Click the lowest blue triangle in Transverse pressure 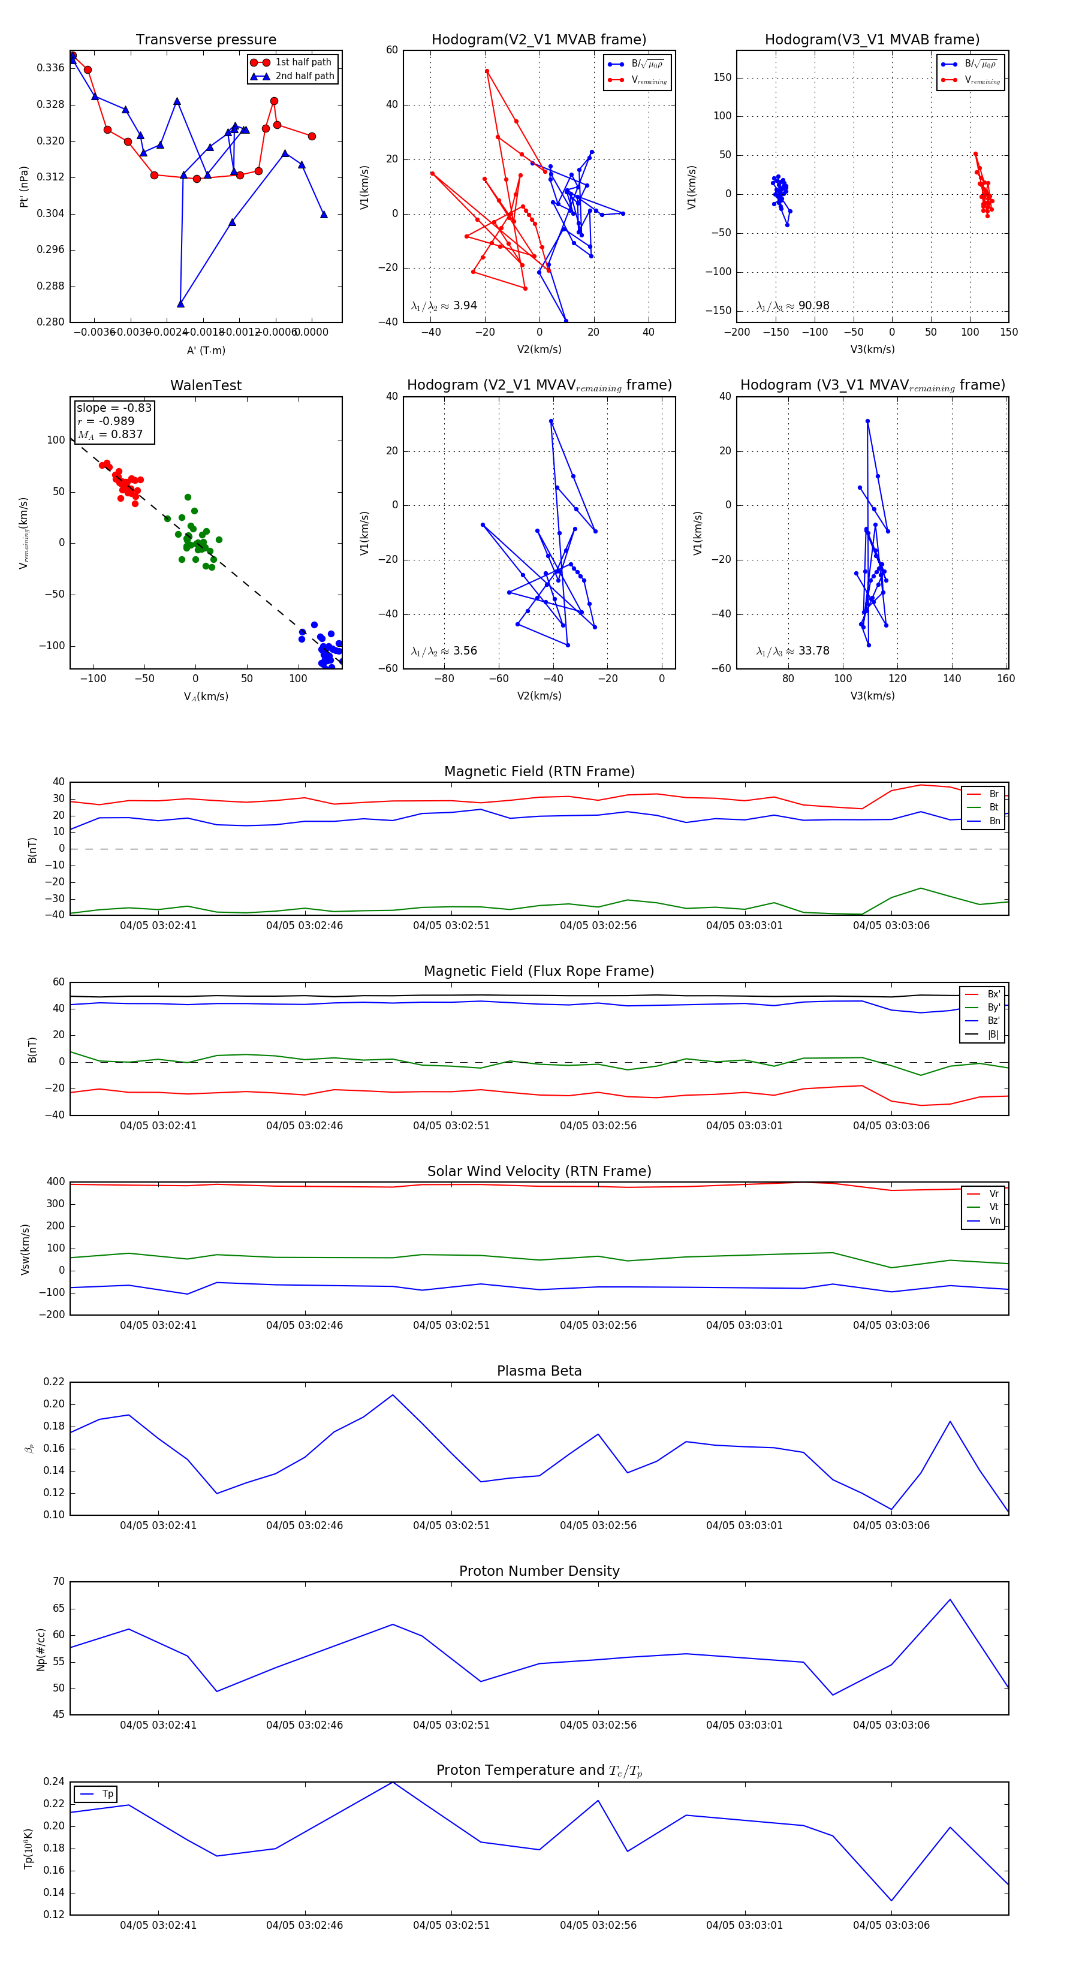(180, 303)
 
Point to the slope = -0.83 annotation (114, 408)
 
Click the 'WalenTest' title (206, 385)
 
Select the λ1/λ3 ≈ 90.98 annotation (792, 306)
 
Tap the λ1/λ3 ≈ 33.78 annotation (792, 651)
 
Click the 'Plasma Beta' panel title (539, 1371)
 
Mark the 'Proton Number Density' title (539, 1571)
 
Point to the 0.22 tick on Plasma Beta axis (54, 1382)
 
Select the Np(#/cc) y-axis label (41, 1650)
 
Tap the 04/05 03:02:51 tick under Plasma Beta (451, 1525)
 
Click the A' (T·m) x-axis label (206, 350)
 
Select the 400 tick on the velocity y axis (55, 1182)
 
